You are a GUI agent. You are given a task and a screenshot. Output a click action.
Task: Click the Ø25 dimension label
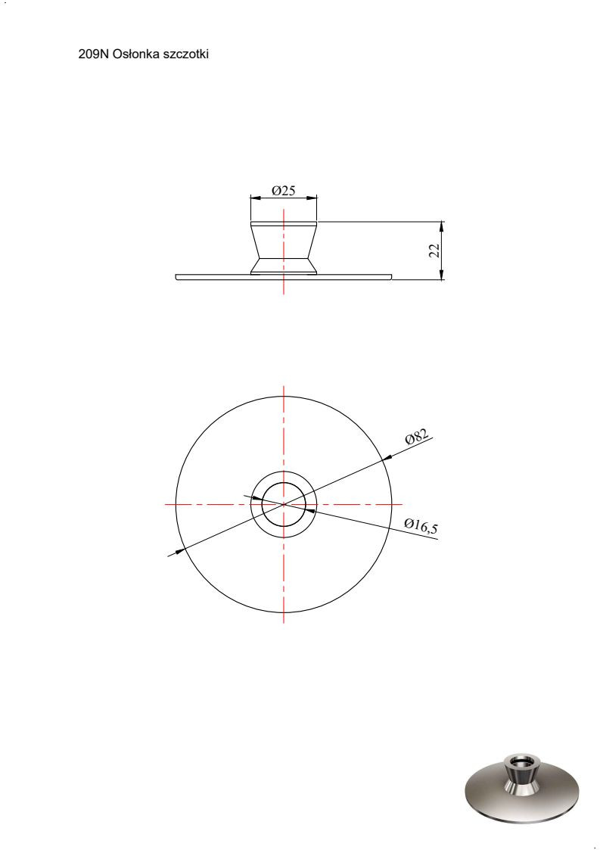[284, 190]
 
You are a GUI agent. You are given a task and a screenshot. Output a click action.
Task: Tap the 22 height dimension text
[435, 250]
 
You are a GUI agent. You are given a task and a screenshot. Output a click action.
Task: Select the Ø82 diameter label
[418, 437]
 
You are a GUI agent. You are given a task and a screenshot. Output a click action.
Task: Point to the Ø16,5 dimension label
[421, 526]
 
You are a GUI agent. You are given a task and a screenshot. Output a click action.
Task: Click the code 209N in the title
[94, 54]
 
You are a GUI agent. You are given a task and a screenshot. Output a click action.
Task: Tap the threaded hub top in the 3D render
[521, 760]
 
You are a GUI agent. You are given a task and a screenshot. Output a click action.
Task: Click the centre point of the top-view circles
[284, 504]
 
